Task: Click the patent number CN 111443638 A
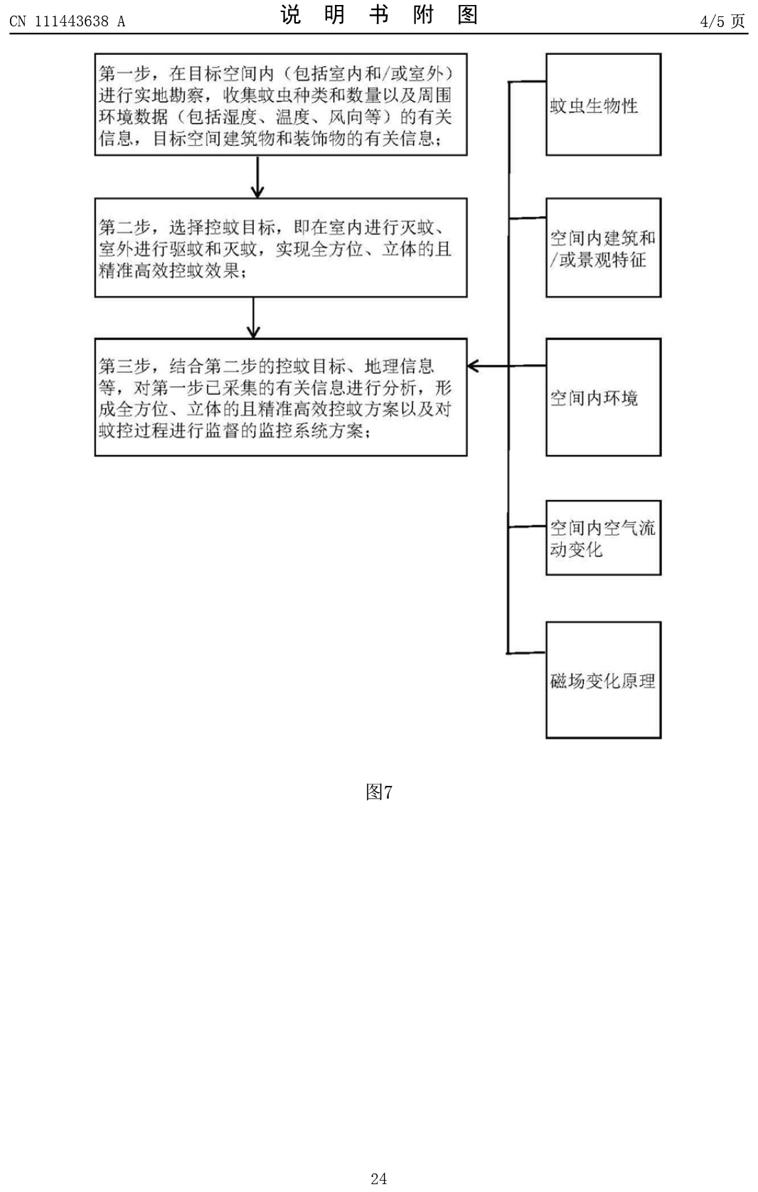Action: (x=68, y=21)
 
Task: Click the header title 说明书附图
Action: (x=379, y=15)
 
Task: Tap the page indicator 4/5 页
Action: (x=722, y=21)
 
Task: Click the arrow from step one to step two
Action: (x=257, y=176)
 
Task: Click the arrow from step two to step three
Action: (x=253, y=318)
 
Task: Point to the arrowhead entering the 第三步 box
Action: (x=472, y=366)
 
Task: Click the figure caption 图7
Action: (x=379, y=792)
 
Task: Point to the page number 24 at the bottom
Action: (x=379, y=1178)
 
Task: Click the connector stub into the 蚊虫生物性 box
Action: (x=527, y=81)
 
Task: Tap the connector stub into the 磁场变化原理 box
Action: (x=527, y=653)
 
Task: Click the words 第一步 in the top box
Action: (x=124, y=73)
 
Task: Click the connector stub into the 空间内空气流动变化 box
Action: (x=527, y=527)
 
